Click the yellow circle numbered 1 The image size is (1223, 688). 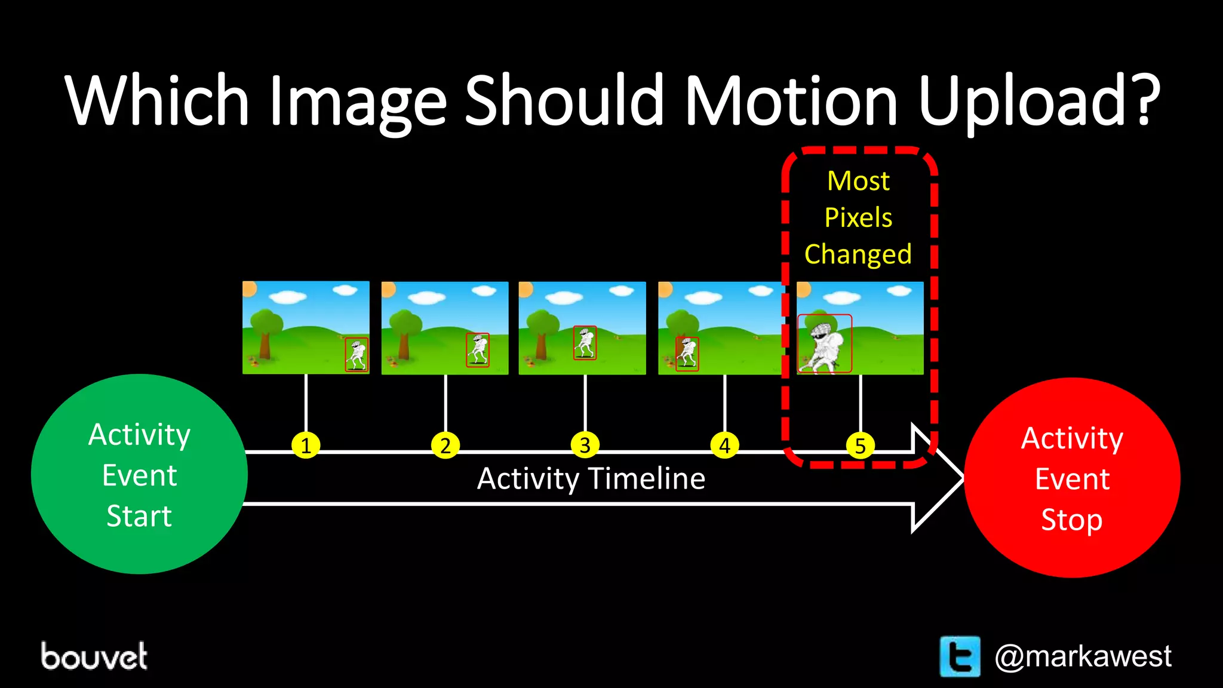306,446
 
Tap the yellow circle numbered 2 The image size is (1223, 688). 445,446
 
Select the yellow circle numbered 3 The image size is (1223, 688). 585,446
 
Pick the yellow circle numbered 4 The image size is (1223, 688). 724,446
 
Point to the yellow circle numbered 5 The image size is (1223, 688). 861,446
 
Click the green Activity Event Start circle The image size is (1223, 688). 139,474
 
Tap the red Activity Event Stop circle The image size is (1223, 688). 1072,478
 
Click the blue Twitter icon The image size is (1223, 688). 960,656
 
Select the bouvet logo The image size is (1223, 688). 94,656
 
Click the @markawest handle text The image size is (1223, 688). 1083,656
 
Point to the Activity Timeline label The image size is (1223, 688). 591,479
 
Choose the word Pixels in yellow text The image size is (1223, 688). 858,217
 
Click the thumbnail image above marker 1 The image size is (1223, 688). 306,327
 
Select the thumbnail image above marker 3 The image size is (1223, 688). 582,328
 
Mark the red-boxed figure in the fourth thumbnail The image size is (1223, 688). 687,354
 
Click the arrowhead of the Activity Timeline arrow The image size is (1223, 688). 938,478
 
